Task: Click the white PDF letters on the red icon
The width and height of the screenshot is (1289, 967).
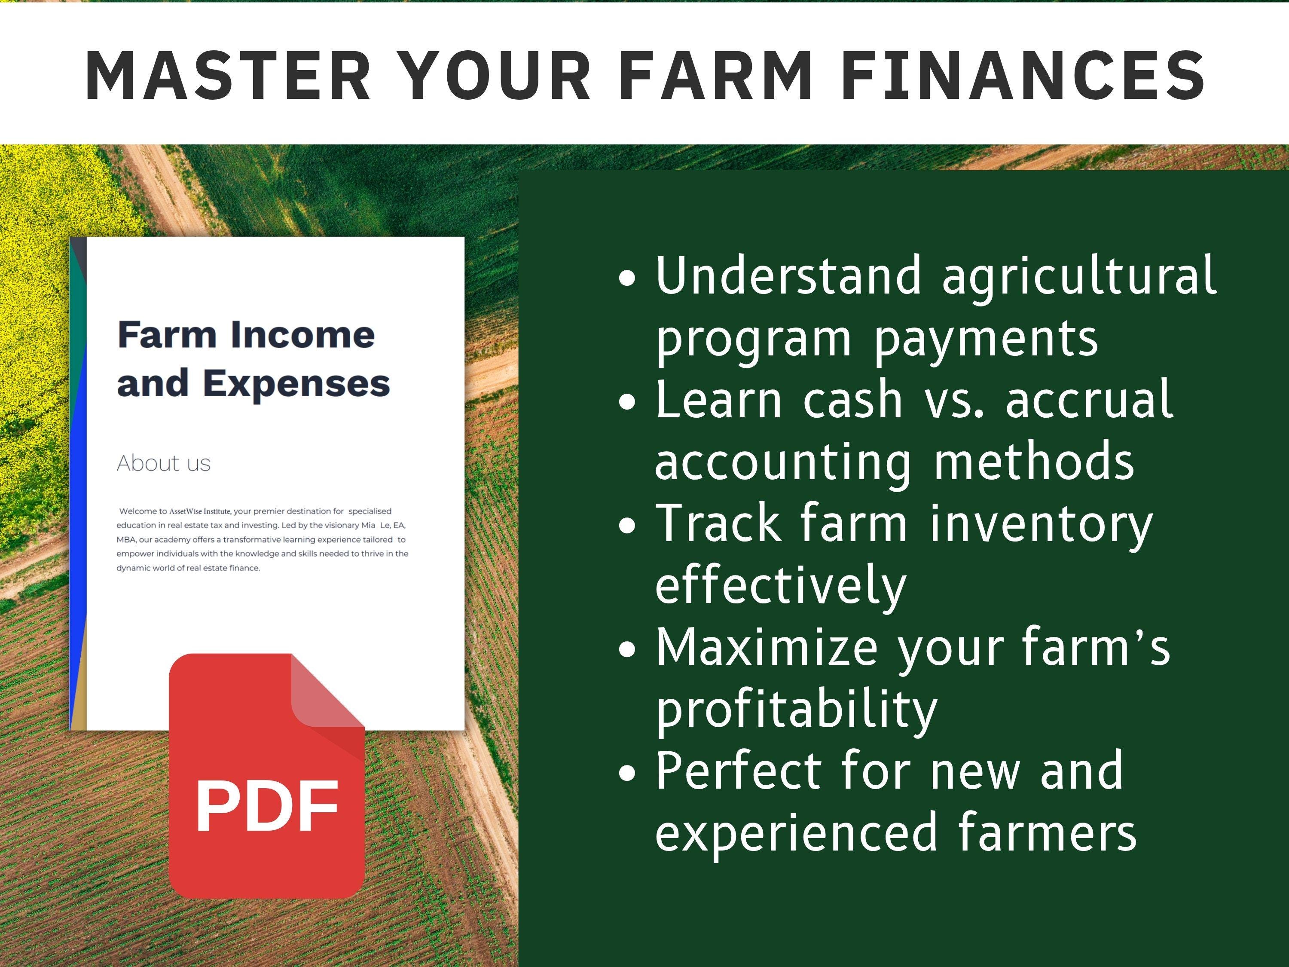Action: tap(267, 806)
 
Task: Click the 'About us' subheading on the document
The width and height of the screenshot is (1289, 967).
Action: tap(163, 463)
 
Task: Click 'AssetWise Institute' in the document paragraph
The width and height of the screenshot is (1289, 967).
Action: tap(200, 511)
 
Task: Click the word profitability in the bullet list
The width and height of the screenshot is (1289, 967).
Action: tap(797, 710)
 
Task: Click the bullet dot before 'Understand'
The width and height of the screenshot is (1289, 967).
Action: tap(627, 278)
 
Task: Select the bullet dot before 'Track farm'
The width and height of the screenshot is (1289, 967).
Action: tap(627, 526)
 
